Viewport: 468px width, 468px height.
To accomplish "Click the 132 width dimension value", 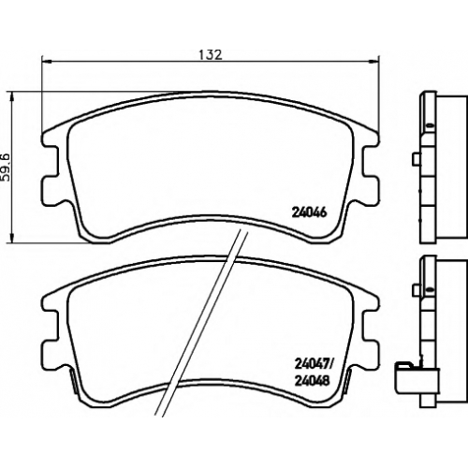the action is (x=211, y=55).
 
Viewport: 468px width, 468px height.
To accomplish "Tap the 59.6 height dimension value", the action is (x=6, y=168).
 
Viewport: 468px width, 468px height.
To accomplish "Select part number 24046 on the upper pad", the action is (x=309, y=212).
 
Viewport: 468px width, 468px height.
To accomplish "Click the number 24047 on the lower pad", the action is (x=311, y=363).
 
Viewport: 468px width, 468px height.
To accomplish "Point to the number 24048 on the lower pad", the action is (x=311, y=381).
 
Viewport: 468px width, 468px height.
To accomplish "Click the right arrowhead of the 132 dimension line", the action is (x=375, y=61).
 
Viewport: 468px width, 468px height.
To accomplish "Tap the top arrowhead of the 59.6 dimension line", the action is (x=12, y=96).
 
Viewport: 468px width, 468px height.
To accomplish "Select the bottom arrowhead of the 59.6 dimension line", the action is (x=12, y=239).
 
